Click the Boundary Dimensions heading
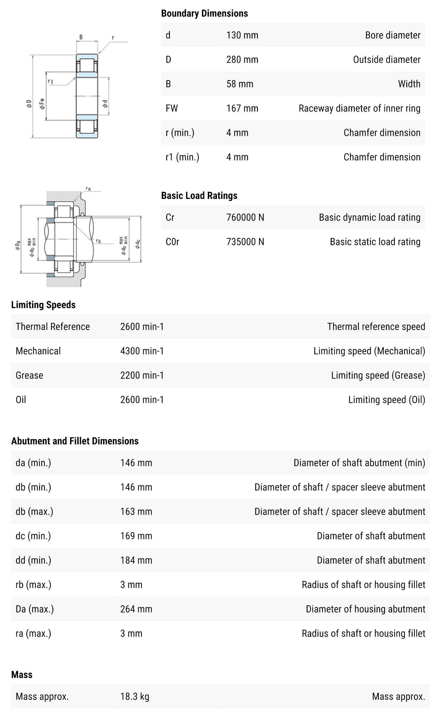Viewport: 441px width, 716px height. coord(204,13)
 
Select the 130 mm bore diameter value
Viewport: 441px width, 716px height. coord(242,35)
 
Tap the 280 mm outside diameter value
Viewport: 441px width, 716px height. coord(242,60)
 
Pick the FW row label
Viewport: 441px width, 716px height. coord(172,108)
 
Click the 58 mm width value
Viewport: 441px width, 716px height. coord(240,84)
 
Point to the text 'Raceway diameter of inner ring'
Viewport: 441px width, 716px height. coord(359,108)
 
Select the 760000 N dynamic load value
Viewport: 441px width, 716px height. coord(245,217)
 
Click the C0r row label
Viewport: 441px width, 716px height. coord(172,242)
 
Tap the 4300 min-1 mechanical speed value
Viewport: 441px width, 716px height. coord(142,351)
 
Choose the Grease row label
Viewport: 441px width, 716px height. coord(29,375)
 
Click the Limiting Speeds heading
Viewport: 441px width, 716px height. coord(43,305)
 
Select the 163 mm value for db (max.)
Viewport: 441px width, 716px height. coord(136,511)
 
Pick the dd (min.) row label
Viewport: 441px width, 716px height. coord(33,560)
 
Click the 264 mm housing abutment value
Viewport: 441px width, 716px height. coord(136,609)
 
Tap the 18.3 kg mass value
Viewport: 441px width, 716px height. coord(135,696)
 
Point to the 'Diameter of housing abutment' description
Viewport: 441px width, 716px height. coord(365,609)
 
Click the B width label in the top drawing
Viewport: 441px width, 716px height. coord(81,37)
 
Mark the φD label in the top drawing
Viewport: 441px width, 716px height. coord(29,103)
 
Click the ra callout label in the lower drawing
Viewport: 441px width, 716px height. coord(88,189)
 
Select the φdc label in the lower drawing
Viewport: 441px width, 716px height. coord(137,244)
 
